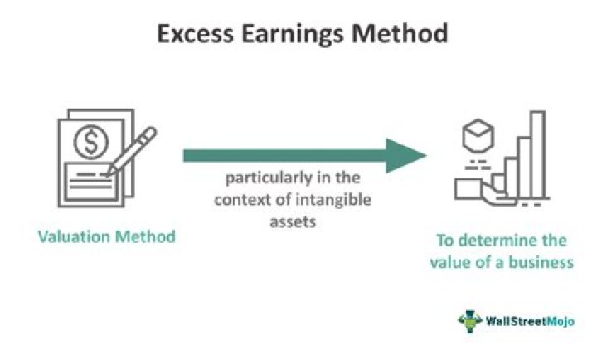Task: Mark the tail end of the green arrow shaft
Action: click(x=187, y=155)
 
